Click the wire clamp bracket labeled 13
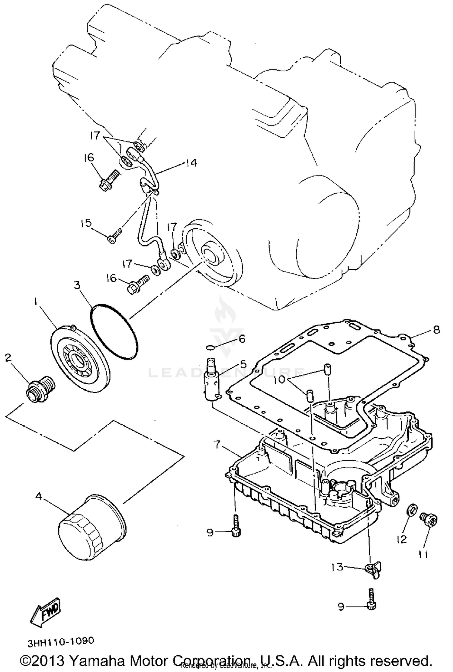374,571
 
